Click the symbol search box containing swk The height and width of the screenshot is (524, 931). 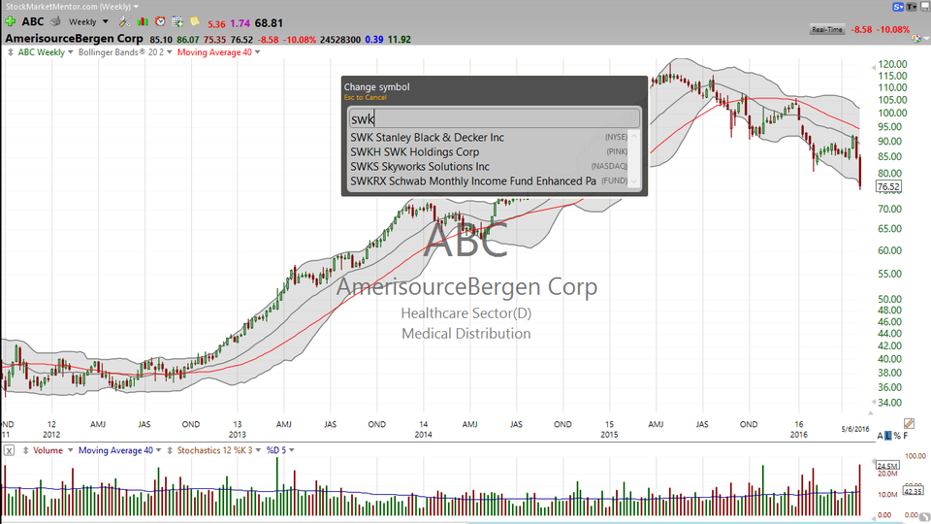(494, 118)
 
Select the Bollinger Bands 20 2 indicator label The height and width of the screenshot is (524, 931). (123, 52)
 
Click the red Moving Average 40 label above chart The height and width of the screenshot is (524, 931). (213, 52)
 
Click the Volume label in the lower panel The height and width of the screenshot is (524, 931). (48, 451)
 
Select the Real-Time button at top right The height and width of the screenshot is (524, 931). (826, 30)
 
